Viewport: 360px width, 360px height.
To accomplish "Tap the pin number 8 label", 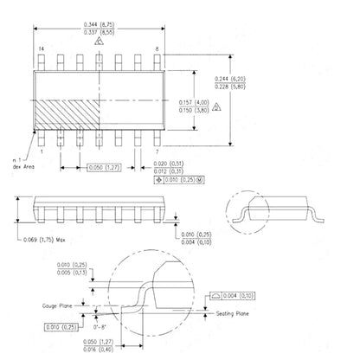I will click(156, 51).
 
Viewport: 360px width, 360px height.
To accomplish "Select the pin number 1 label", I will click(42, 152).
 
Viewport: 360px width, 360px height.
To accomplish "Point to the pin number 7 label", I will click(155, 152).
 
